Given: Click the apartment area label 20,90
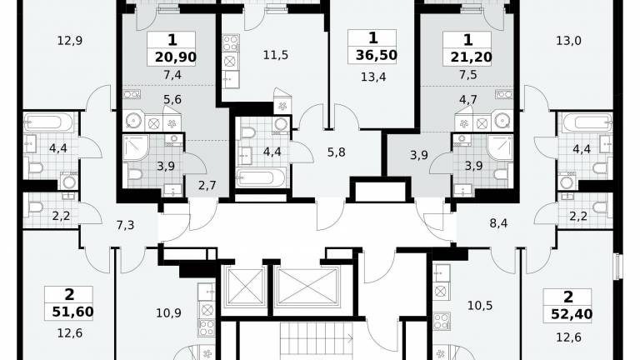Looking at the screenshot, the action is coord(176,57).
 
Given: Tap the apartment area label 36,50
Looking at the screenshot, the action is coord(377,55).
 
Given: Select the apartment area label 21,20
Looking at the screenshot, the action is coord(471,57).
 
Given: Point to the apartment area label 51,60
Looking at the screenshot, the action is coord(72,312).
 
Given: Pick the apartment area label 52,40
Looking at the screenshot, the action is coord(572,314).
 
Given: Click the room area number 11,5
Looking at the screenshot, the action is coord(276,55).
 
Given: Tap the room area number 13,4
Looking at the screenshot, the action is coord(373,77).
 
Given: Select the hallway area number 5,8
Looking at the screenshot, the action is coord(337,152).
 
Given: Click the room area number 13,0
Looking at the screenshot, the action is coord(568,41).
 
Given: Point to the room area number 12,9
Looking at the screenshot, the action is coord(70,41).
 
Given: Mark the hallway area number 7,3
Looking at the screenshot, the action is coord(125,225).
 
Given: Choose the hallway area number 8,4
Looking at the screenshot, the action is coord(498,223).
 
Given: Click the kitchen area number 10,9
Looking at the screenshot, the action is coord(168,313).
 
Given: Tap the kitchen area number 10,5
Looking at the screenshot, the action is coord(480,306).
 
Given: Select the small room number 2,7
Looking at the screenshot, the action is coord(207,186).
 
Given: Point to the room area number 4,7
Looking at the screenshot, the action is coord(467,100).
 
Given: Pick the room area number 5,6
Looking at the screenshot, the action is coord(172,100).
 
